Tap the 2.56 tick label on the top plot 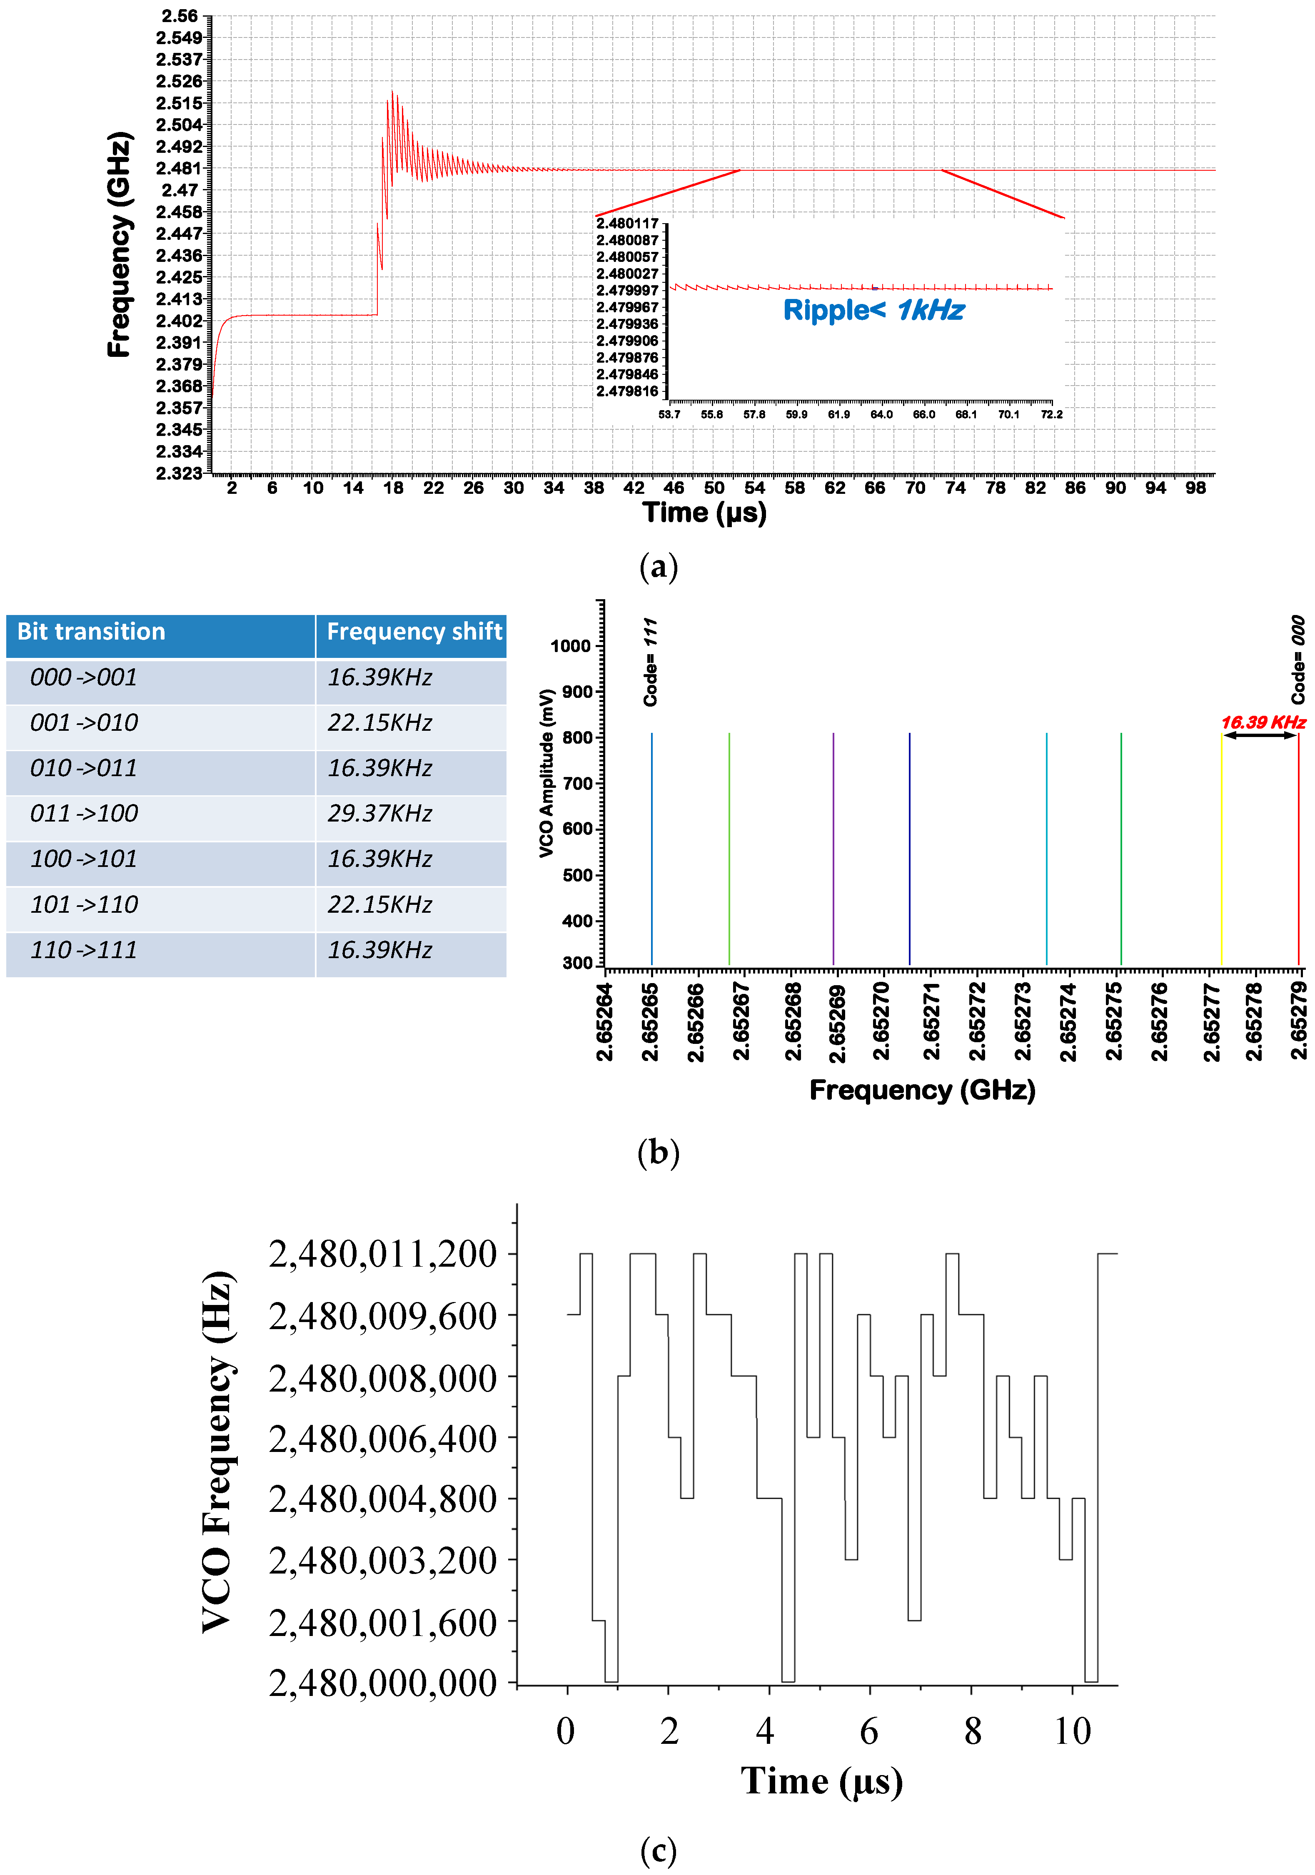pos(180,16)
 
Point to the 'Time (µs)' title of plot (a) pos(704,513)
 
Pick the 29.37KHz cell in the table pos(380,813)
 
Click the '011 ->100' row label pos(84,813)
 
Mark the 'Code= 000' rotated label pos(1298,660)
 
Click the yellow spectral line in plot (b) pos(1221,849)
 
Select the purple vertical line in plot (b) pos(833,849)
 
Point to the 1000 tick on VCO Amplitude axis pos(570,646)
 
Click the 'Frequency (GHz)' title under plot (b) pos(922,1090)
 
